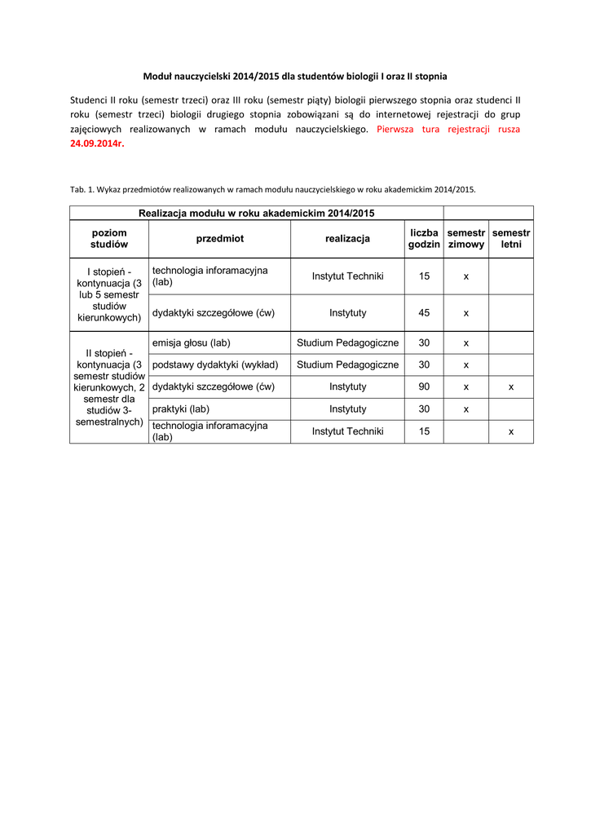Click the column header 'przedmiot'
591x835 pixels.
219,239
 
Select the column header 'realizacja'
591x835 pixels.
347,239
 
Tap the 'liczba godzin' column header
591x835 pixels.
424,239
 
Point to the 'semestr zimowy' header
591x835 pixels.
466,239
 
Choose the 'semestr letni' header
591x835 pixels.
511,239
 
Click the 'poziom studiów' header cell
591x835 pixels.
109,239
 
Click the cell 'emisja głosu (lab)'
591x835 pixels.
192,343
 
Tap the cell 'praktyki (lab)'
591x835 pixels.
181,409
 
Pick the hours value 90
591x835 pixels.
424,387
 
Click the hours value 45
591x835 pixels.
424,312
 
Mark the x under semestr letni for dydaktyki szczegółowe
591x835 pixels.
511,387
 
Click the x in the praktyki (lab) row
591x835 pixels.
466,409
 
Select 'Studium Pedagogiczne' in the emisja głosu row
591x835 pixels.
347,343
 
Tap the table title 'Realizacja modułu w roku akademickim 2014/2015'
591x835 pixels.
256,213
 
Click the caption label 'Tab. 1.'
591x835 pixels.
82,189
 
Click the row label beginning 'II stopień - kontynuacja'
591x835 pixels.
109,387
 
